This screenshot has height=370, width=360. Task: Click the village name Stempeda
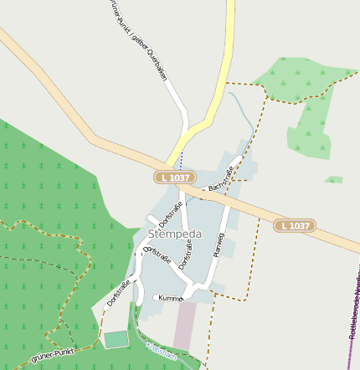[172, 234]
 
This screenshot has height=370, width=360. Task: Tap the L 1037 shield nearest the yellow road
[175, 177]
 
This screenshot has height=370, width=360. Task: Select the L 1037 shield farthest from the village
[295, 225]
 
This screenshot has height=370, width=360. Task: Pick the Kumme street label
[170, 297]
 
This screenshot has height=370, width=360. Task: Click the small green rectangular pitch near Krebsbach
[116, 339]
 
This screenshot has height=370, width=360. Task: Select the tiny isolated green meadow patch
[334, 179]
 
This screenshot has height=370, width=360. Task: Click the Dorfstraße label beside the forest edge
[119, 293]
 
